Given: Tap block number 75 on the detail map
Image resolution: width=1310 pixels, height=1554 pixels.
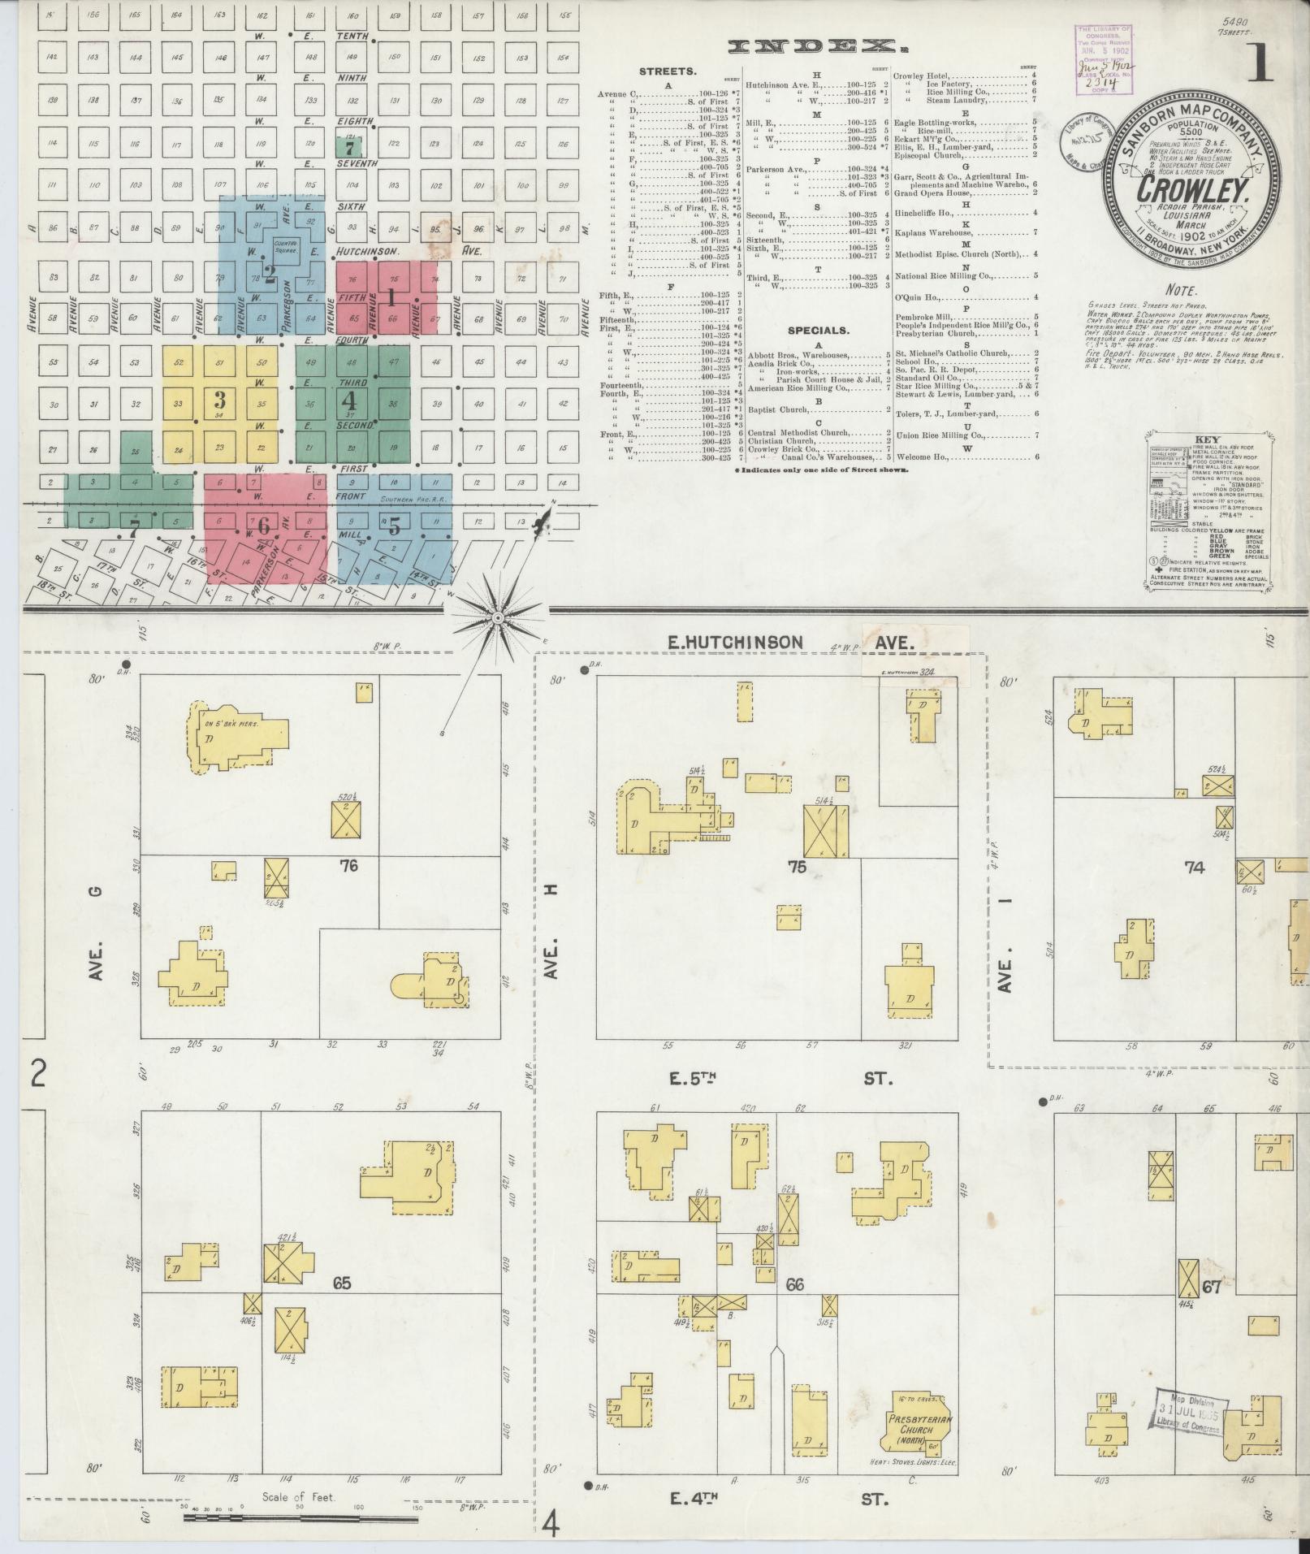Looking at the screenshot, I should pyautogui.click(x=797, y=867).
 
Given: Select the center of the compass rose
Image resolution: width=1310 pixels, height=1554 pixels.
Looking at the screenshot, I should pyautogui.click(x=498, y=620).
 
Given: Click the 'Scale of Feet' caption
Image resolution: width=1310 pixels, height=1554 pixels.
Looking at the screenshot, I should pyautogui.click(x=298, y=1497).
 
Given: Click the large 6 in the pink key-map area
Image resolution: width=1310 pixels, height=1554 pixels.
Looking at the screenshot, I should pyautogui.click(x=262, y=526).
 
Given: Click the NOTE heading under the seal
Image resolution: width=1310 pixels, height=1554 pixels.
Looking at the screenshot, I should pyautogui.click(x=1180, y=289).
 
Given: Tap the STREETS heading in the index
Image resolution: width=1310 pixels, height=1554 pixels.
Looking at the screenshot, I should pyautogui.click(x=668, y=71).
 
